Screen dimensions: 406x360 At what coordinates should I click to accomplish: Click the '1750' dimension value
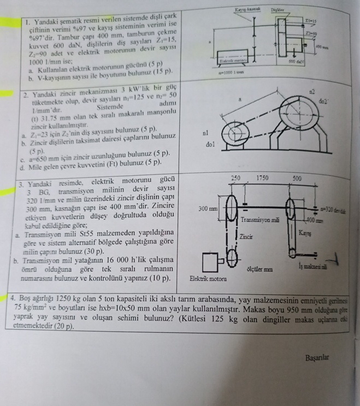tap(263, 179)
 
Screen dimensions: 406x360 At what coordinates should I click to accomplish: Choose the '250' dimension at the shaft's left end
tap(236, 179)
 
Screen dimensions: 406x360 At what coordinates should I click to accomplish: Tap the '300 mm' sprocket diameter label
tap(208, 209)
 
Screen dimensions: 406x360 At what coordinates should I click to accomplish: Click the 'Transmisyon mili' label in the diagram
tap(261, 219)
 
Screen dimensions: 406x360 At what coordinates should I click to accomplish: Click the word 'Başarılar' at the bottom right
tap(321, 358)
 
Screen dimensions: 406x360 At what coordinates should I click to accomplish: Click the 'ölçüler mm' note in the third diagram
tap(261, 270)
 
